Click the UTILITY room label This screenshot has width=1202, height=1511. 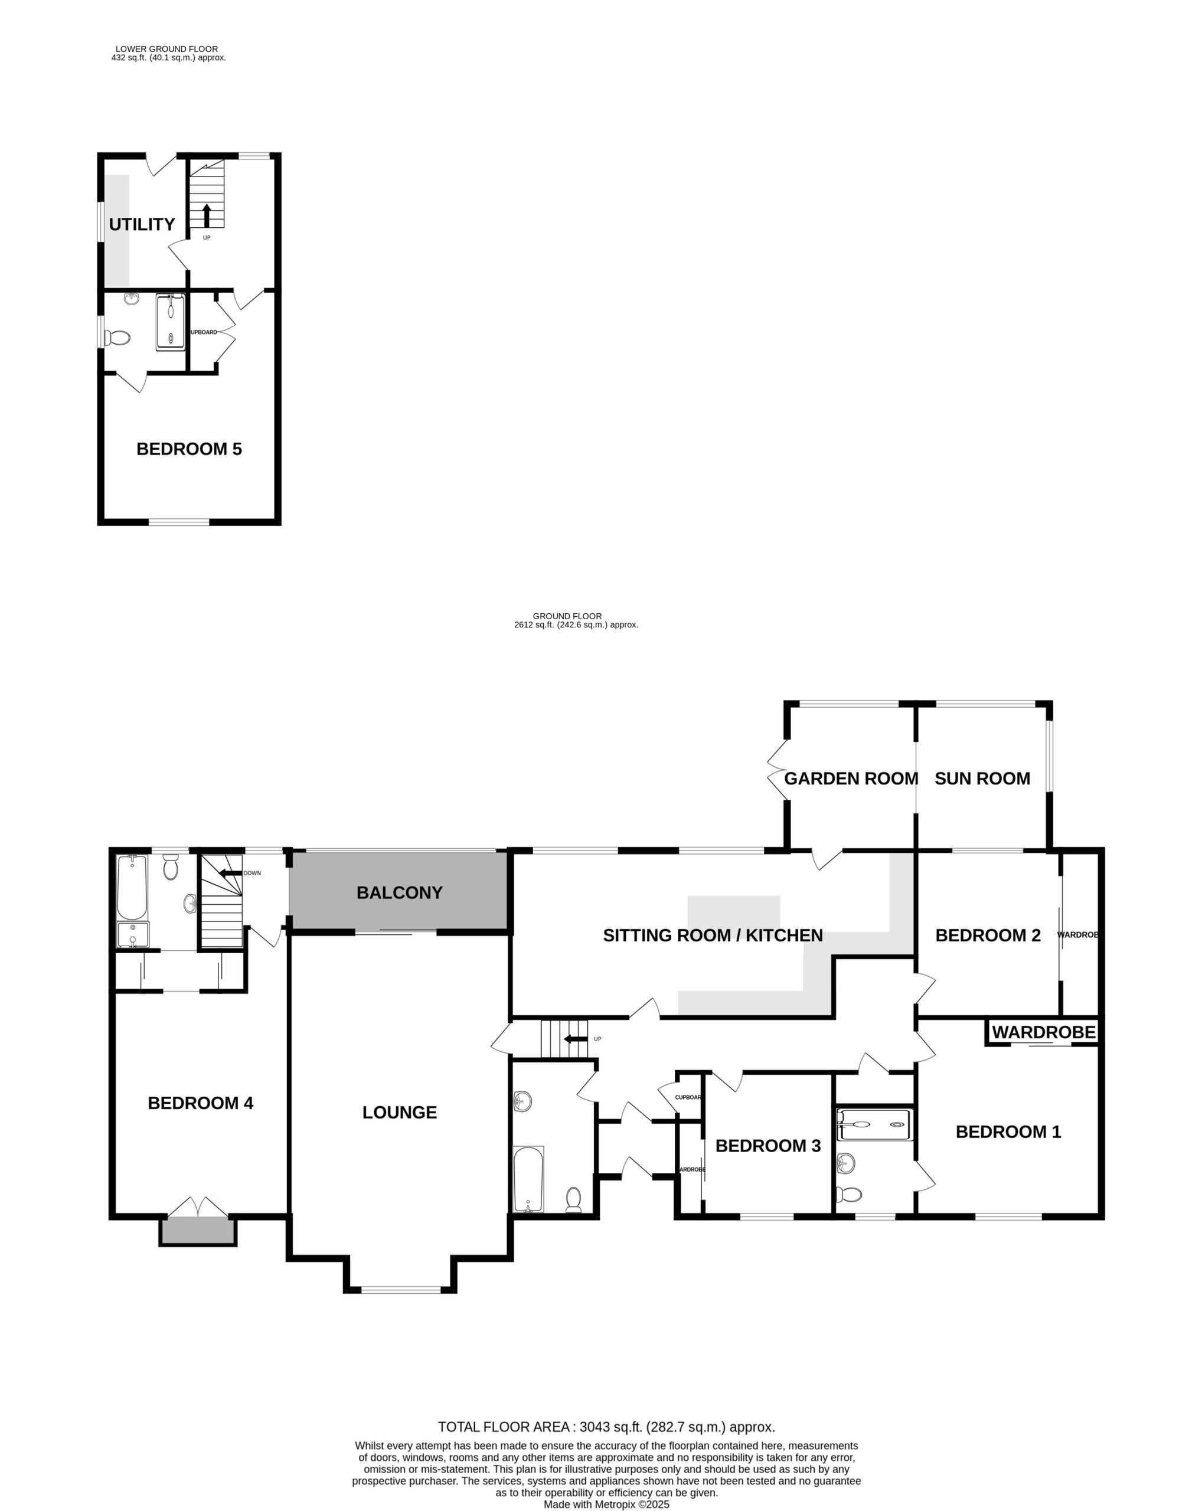point(142,224)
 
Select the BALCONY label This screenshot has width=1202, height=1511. point(400,892)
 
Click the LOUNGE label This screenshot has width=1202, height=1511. point(400,1112)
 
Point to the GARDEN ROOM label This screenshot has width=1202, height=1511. point(851,778)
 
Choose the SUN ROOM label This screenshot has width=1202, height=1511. point(982,778)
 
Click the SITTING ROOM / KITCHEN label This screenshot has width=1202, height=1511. point(713,935)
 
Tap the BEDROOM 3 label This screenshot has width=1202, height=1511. point(767,1146)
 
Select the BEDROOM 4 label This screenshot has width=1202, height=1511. point(201,1103)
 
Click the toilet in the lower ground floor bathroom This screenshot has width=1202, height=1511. point(117,338)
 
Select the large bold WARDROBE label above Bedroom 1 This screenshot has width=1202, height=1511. point(1043,1032)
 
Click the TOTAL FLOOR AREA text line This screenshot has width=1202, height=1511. point(606,1427)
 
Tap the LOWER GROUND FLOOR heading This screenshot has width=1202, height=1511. point(167,49)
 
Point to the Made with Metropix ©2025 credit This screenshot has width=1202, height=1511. point(607,1504)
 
